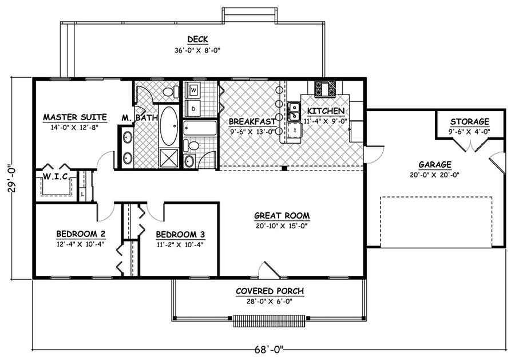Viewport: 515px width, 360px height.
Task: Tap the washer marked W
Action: click(x=193, y=90)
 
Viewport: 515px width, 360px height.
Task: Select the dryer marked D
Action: click(x=193, y=107)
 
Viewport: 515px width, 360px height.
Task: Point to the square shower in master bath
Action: click(x=168, y=156)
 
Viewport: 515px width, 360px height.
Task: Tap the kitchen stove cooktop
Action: click(x=323, y=88)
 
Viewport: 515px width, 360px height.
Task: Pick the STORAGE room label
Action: click(x=469, y=121)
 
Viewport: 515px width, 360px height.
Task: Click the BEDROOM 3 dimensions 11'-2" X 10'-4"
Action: click(x=180, y=244)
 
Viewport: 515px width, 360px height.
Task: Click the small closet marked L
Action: click(x=84, y=195)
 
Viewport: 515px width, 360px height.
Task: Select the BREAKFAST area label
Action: click(x=252, y=121)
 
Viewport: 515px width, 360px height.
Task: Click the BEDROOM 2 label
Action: click(x=80, y=234)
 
